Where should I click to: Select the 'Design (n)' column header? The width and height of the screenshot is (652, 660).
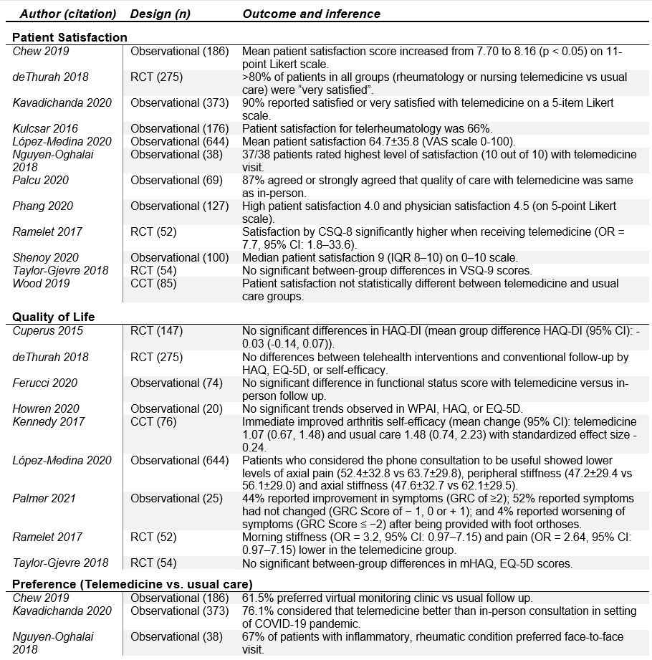pyautogui.click(x=160, y=14)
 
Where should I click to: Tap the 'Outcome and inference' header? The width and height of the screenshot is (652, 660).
pyautogui.click(x=312, y=14)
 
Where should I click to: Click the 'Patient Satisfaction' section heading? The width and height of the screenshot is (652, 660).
pyautogui.click(x=70, y=37)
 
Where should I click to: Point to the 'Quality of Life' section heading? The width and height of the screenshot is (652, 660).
pyautogui.click(x=53, y=317)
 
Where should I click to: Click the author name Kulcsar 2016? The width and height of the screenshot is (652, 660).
pyautogui.click(x=46, y=128)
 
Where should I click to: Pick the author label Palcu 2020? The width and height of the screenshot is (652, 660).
pyautogui.click(x=42, y=180)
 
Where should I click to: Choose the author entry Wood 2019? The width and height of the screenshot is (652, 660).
pyautogui.click(x=40, y=283)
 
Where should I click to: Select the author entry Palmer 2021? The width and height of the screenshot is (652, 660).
pyautogui.click(x=44, y=498)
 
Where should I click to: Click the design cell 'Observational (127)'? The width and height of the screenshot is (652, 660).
pyautogui.click(x=179, y=206)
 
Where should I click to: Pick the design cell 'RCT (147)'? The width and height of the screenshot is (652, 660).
pyautogui.click(x=156, y=330)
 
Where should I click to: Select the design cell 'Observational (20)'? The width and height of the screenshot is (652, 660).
pyautogui.click(x=176, y=408)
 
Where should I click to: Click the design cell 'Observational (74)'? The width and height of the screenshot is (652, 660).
pyautogui.click(x=176, y=382)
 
